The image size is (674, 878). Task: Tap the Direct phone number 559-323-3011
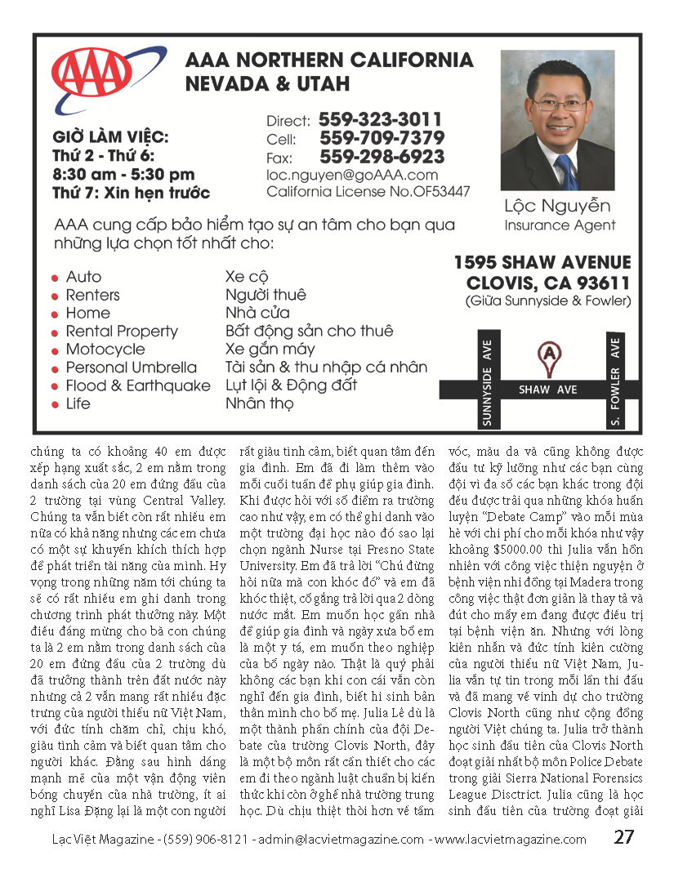pos(380,119)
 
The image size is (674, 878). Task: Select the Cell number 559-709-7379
pos(382,138)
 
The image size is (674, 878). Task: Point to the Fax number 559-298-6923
pos(382,157)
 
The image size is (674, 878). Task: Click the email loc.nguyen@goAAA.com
pos(352,175)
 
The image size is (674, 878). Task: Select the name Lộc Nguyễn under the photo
pos(558,207)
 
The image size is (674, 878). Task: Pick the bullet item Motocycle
pos(105,350)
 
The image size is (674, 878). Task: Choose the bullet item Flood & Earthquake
pos(138,386)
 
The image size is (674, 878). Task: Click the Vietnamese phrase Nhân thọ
pos(259,403)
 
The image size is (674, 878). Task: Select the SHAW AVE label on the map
pos(547,390)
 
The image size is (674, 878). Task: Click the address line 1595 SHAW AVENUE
pos(542,263)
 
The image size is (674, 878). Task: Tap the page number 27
pos(624,837)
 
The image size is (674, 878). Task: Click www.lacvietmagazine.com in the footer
pos(510,839)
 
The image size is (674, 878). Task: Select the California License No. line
pos(368,192)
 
